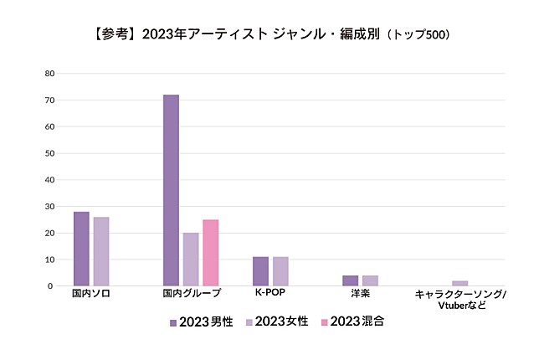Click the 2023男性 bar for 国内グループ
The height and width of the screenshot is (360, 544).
[x=171, y=190]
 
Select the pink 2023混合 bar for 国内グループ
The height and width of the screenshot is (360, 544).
[x=210, y=253]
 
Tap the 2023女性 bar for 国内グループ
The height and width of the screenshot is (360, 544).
[x=191, y=260]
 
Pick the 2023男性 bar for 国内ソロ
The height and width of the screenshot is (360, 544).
[x=81, y=249]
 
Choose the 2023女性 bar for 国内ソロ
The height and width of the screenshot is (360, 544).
[x=100, y=251]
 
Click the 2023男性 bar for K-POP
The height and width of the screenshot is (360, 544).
[x=260, y=271]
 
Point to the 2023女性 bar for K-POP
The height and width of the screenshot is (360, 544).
[x=280, y=271]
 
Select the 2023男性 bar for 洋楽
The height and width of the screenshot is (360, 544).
[x=350, y=280]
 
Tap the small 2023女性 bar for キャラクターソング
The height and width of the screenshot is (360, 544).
[x=459, y=283]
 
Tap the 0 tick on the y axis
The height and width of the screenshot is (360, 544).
[x=52, y=286]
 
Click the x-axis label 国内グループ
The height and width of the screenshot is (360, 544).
[x=192, y=295]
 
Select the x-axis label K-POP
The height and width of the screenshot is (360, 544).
[x=270, y=295]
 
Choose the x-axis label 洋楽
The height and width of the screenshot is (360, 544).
[x=360, y=295]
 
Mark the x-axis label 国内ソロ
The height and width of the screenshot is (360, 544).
[x=91, y=295]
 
